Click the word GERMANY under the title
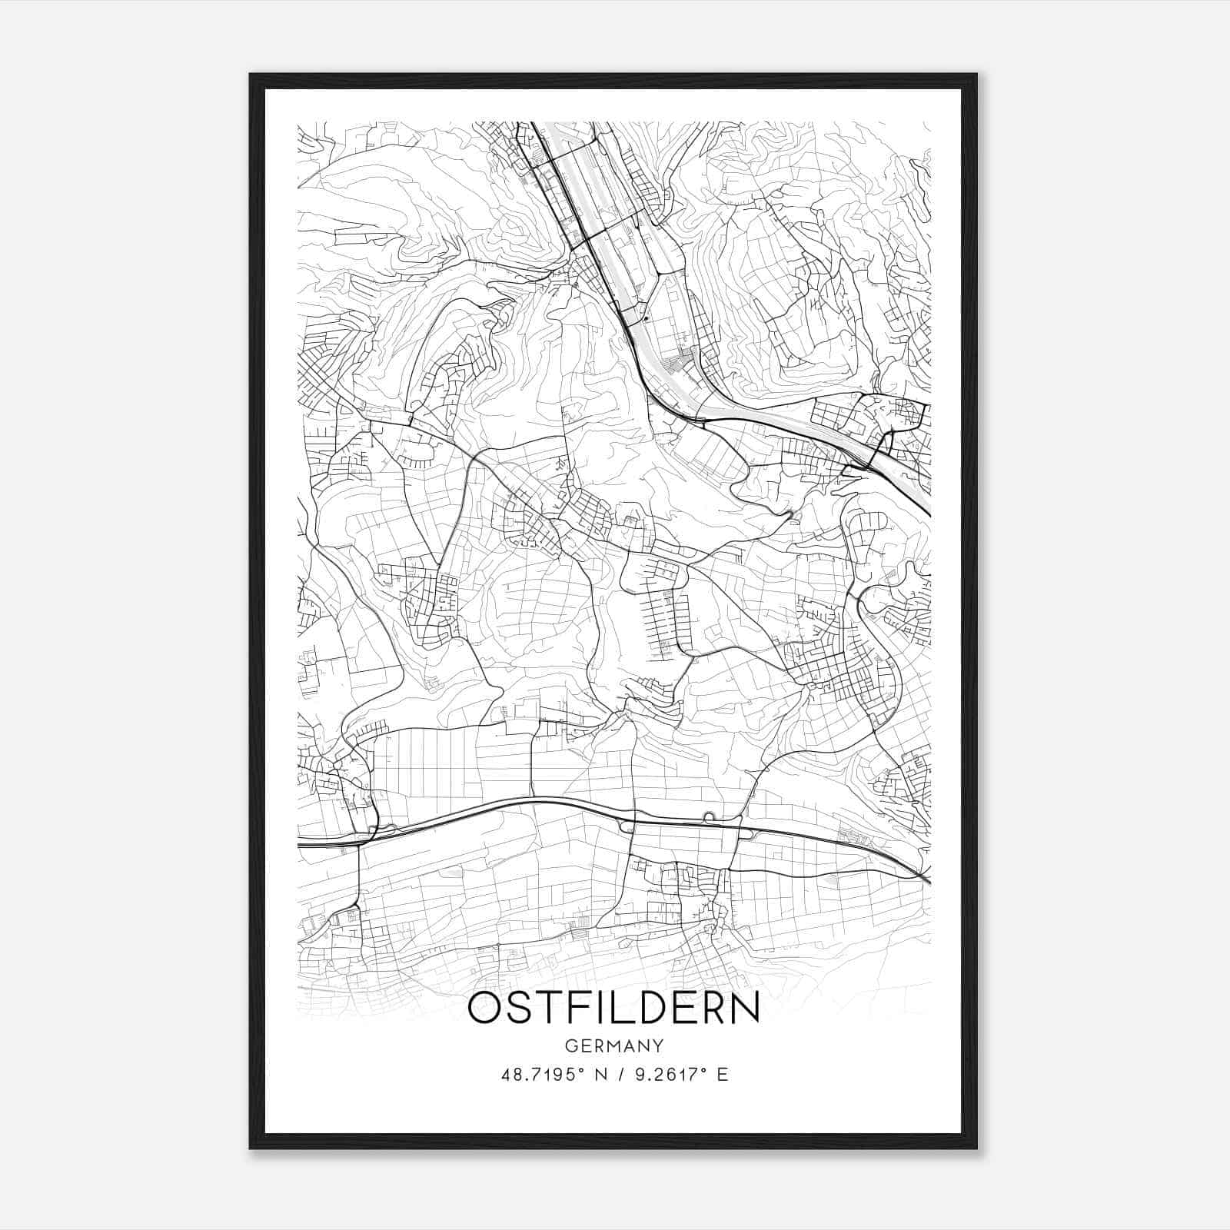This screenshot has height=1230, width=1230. click(x=613, y=1045)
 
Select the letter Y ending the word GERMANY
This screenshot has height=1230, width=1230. click(x=657, y=1045)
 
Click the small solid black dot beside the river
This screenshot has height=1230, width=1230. click(x=647, y=317)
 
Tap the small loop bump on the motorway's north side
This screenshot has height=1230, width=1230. click(x=708, y=816)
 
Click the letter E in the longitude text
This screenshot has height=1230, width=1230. click(x=722, y=1075)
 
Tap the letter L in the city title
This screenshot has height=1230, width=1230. click(x=613, y=1007)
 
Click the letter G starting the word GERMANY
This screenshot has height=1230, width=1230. click(x=570, y=1045)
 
